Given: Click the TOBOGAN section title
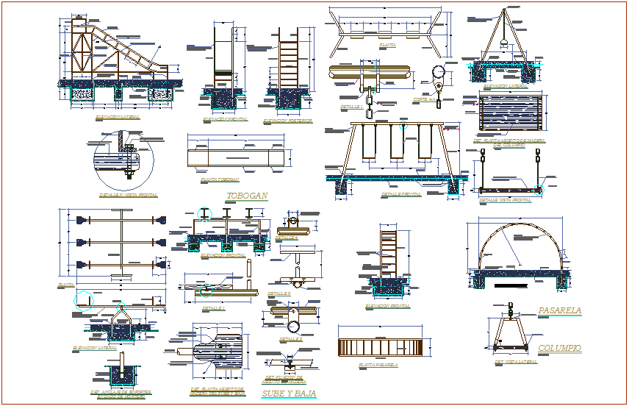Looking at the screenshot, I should click(x=247, y=196).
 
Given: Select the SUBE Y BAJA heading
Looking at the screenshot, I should click(x=289, y=394).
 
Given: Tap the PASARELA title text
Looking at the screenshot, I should click(x=560, y=310).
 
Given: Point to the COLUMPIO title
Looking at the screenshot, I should click(x=559, y=348).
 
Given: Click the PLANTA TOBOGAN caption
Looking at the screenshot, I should click(x=220, y=179).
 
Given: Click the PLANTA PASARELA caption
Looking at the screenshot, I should click(x=378, y=365).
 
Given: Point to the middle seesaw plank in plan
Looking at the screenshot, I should click(x=122, y=241).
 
